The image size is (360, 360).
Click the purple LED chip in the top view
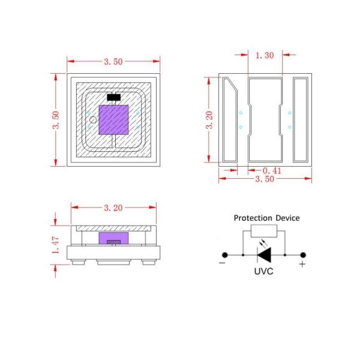[114, 119]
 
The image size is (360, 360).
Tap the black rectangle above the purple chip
[114, 97]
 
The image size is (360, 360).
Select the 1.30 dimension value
[265, 55]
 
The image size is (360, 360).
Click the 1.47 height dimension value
[56, 244]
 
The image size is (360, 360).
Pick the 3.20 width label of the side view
[113, 208]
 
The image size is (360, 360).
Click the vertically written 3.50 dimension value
[56, 121]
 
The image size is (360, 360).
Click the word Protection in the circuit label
[252, 218]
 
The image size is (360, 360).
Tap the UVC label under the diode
[264, 271]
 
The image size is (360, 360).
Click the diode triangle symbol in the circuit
[265, 255]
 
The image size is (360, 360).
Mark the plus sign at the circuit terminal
[302, 264]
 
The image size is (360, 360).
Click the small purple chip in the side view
[114, 238]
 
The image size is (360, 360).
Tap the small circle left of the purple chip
[92, 119]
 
